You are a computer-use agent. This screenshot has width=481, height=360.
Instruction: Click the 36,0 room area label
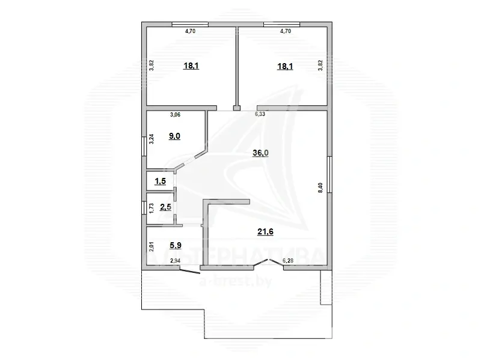tap(260, 153)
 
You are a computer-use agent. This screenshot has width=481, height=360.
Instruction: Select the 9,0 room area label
tap(174, 136)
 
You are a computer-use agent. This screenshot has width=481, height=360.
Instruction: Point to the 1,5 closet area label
tap(160, 181)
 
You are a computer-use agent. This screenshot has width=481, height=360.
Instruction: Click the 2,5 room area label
tap(165, 208)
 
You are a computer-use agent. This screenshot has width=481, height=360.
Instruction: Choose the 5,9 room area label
tap(176, 245)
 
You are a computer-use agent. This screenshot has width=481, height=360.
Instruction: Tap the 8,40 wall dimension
tap(320, 187)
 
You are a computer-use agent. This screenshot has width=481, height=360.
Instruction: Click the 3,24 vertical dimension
tap(152, 139)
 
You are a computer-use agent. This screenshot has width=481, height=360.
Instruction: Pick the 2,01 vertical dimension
tap(152, 245)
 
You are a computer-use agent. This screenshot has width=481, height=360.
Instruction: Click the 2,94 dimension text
tap(176, 260)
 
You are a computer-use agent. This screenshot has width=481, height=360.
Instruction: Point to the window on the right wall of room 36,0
tap(329, 174)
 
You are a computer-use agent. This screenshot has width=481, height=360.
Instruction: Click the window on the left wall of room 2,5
tap(144, 208)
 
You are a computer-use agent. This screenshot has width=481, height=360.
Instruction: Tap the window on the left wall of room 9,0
tap(144, 147)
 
